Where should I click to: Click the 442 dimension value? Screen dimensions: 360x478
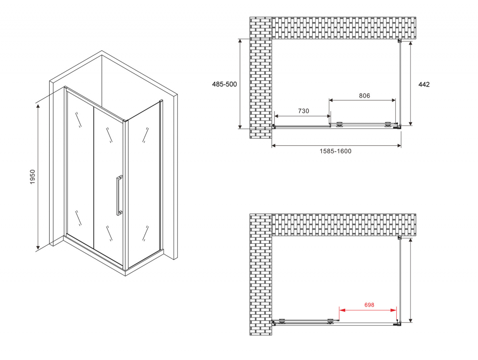tap(424, 84)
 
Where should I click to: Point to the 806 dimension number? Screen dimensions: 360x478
tap(364, 96)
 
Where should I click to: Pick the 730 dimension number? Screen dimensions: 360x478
tap(304, 111)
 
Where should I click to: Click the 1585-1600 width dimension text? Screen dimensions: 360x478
tap(335, 152)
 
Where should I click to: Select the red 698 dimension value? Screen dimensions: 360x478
tap(368, 305)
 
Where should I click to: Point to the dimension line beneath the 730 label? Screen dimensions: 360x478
tap(302, 116)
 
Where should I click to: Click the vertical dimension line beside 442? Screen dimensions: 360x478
tap(411, 84)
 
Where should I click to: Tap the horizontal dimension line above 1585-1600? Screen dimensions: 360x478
tap(336, 145)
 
